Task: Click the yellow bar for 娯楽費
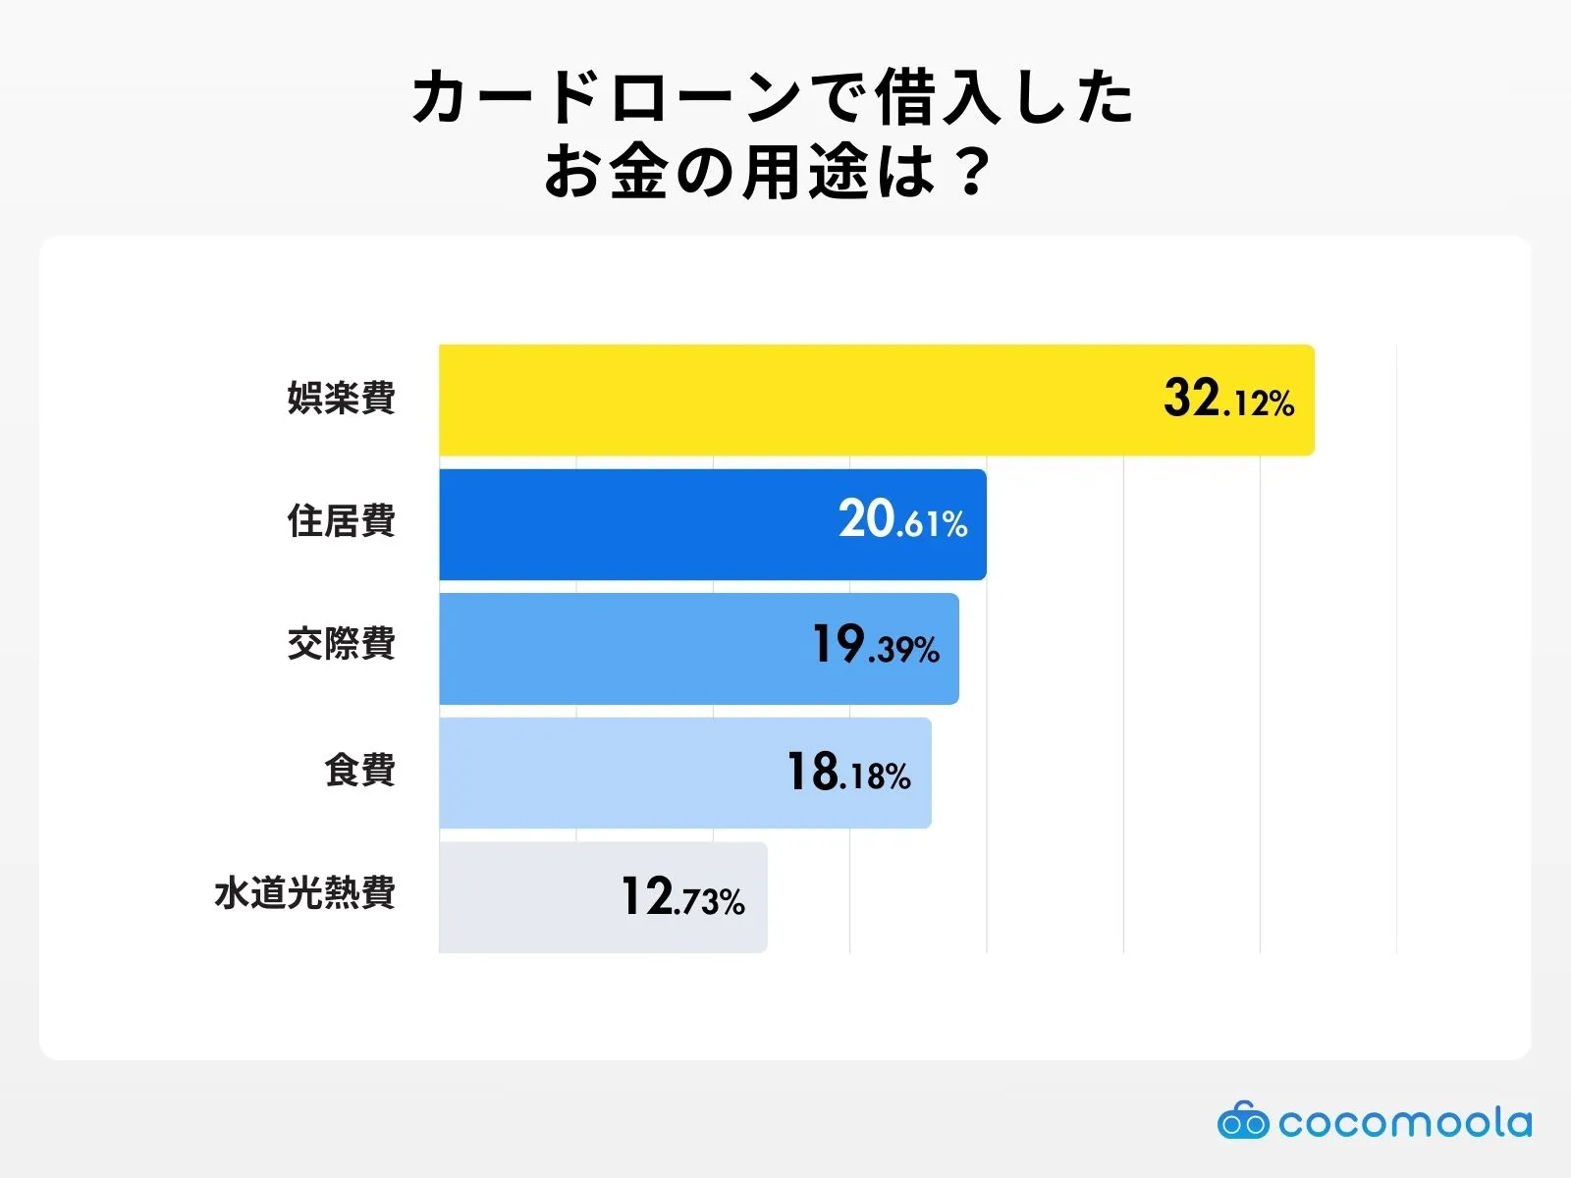click(785, 400)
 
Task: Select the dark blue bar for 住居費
click(638, 524)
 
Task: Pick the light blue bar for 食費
click(609, 773)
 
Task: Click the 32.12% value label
click(1228, 400)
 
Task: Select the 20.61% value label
click(902, 520)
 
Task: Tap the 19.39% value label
click(875, 646)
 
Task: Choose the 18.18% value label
click(848, 773)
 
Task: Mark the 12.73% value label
click(682, 897)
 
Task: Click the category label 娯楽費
click(341, 398)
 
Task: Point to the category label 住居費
click(341, 521)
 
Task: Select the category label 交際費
click(341, 645)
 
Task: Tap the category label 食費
click(359, 770)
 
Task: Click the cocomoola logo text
click(1404, 1122)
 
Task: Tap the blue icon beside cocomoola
click(1243, 1121)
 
